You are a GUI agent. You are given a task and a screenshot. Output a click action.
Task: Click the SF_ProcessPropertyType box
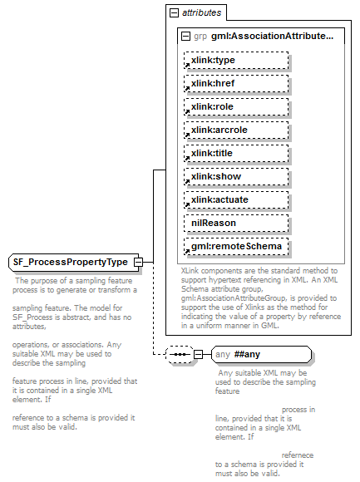click(71, 263)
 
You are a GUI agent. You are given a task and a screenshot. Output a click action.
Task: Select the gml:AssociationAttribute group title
click(249, 37)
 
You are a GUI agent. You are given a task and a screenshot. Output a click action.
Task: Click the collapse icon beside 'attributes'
click(175, 14)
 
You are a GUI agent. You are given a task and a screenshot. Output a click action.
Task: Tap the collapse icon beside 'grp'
click(185, 37)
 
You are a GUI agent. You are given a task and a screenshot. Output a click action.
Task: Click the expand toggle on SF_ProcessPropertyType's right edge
click(139, 263)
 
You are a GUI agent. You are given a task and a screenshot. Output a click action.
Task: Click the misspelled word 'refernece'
click(298, 455)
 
